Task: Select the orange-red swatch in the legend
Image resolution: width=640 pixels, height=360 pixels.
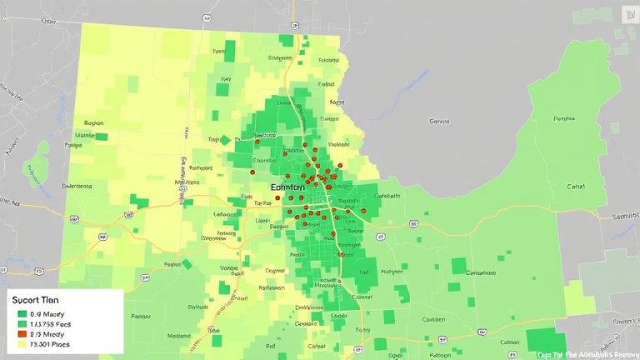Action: pyautogui.click(x=22, y=332)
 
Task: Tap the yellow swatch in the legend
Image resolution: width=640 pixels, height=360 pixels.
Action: pyautogui.click(x=22, y=343)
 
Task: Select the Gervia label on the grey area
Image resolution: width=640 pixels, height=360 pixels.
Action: pyautogui.click(x=438, y=122)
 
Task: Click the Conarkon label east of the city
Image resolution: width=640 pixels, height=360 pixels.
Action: pyautogui.click(x=481, y=272)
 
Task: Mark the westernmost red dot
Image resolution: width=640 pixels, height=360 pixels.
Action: pyautogui.click(x=277, y=197)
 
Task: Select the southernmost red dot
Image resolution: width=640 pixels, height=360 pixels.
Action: pyautogui.click(x=340, y=255)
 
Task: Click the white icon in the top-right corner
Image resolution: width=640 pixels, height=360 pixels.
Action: pyautogui.click(x=627, y=14)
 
